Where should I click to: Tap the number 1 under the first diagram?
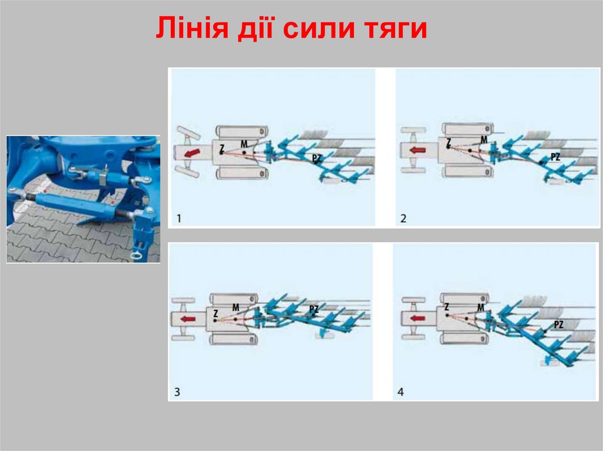[x=179, y=219]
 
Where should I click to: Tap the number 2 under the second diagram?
[x=403, y=219]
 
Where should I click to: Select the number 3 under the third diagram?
[x=177, y=392]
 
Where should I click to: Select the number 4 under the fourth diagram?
[x=401, y=392]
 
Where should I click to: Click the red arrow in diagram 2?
[x=417, y=150]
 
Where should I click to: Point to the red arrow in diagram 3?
[x=188, y=319]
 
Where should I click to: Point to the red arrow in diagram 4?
[x=418, y=318]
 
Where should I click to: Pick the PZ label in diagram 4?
[x=558, y=325]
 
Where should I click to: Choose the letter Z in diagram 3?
[x=216, y=314]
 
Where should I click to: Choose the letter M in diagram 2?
[x=483, y=139]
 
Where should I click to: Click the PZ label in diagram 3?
[x=314, y=308]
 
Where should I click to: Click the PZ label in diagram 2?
[x=554, y=156]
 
